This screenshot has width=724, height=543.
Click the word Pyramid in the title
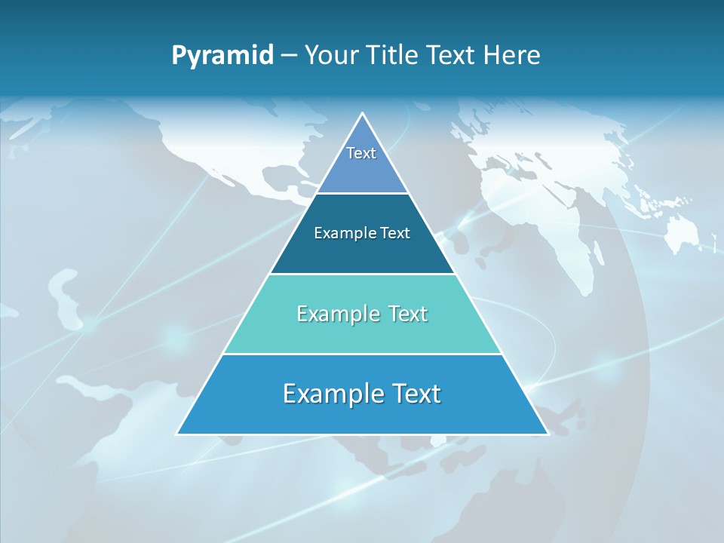[222, 55]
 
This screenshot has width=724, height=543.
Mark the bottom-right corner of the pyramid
[548, 434]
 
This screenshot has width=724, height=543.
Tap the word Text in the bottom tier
[413, 394]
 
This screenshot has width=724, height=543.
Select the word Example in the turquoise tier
[336, 314]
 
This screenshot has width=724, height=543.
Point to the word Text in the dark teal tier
[395, 233]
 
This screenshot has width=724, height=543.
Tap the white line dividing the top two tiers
[362, 194]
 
